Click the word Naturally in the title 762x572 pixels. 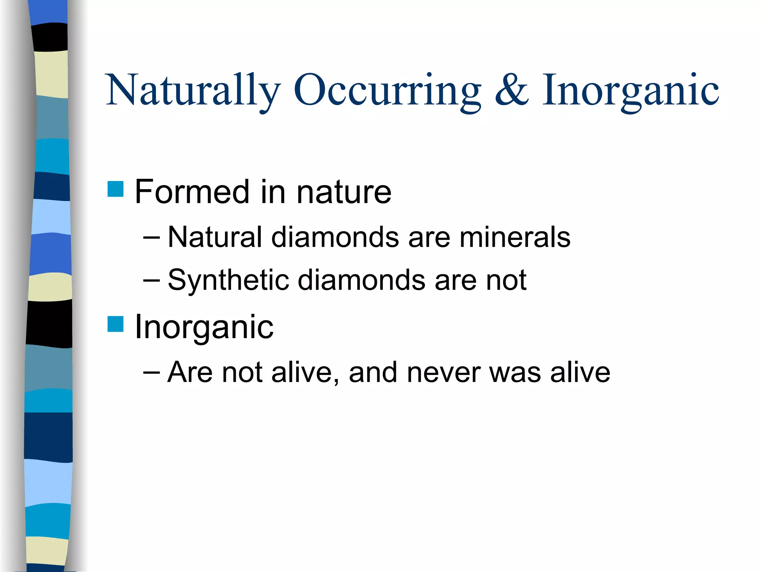(x=193, y=90)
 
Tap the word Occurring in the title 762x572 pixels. (x=387, y=90)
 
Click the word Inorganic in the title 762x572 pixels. (x=630, y=90)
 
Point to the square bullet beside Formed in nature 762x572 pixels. (x=115, y=189)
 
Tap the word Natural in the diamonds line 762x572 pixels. (x=215, y=237)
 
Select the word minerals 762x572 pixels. (x=515, y=237)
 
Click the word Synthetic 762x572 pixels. (x=228, y=280)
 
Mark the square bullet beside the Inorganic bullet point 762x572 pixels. (x=115, y=324)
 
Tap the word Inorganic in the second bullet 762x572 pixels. (x=204, y=327)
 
